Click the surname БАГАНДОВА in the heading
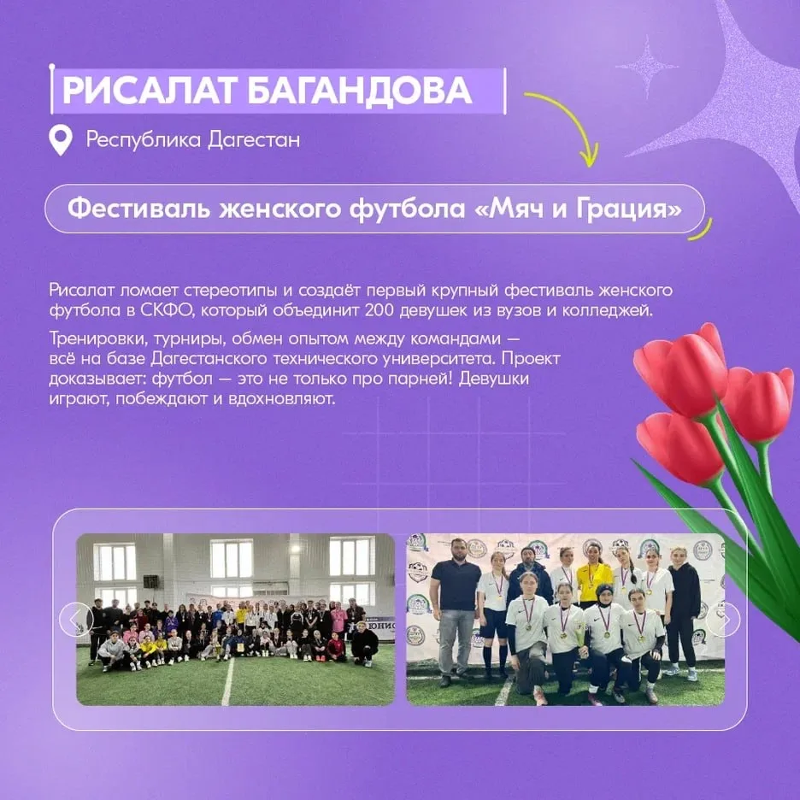click(359, 91)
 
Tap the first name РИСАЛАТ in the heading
click(148, 91)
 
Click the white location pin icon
click(60, 141)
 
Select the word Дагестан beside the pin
click(254, 140)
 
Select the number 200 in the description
click(379, 310)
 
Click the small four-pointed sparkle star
click(646, 67)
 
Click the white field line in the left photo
click(227, 681)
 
